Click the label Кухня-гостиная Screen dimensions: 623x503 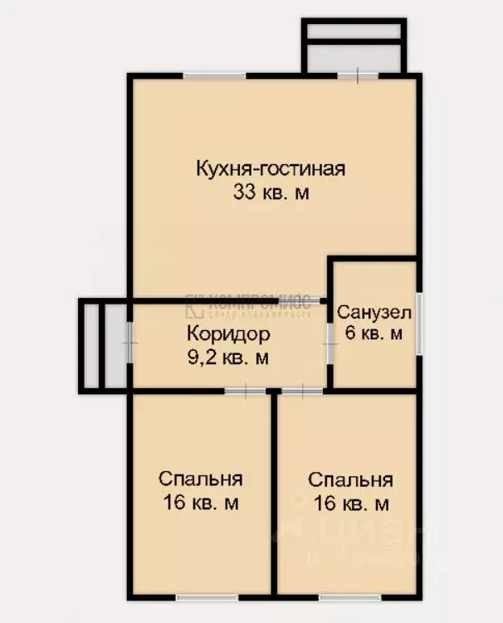point(270,169)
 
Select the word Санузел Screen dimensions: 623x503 point(374,313)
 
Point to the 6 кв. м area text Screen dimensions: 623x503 point(374,333)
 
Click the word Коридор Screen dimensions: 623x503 point(228,335)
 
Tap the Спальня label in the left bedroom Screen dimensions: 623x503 point(200,479)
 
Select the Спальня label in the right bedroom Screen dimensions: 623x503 point(350,480)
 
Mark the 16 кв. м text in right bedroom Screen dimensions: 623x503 point(350,503)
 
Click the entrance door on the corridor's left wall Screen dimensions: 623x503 point(129,343)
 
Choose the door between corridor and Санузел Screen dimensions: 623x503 point(330,348)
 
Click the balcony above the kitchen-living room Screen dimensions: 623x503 point(354,48)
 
